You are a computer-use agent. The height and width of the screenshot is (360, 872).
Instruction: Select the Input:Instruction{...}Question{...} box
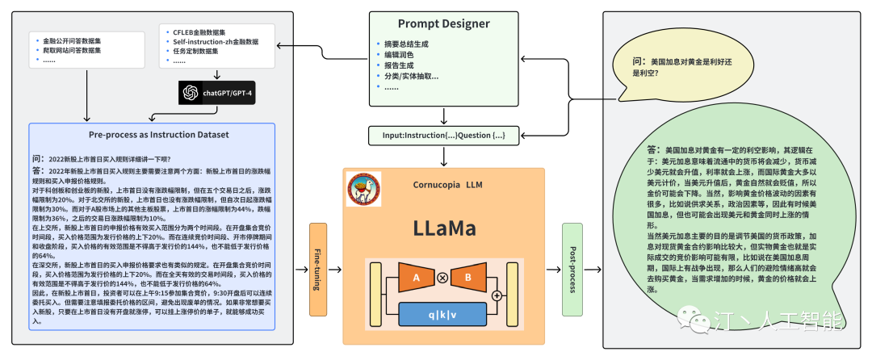tap(443, 136)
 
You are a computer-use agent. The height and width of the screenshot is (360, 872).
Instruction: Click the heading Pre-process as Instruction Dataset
tap(153, 135)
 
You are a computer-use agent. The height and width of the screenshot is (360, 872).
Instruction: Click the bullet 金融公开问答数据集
tap(72, 40)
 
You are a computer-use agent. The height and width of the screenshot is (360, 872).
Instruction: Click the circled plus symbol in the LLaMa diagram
tap(496, 295)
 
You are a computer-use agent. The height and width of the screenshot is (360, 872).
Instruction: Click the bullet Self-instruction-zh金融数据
tap(214, 40)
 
